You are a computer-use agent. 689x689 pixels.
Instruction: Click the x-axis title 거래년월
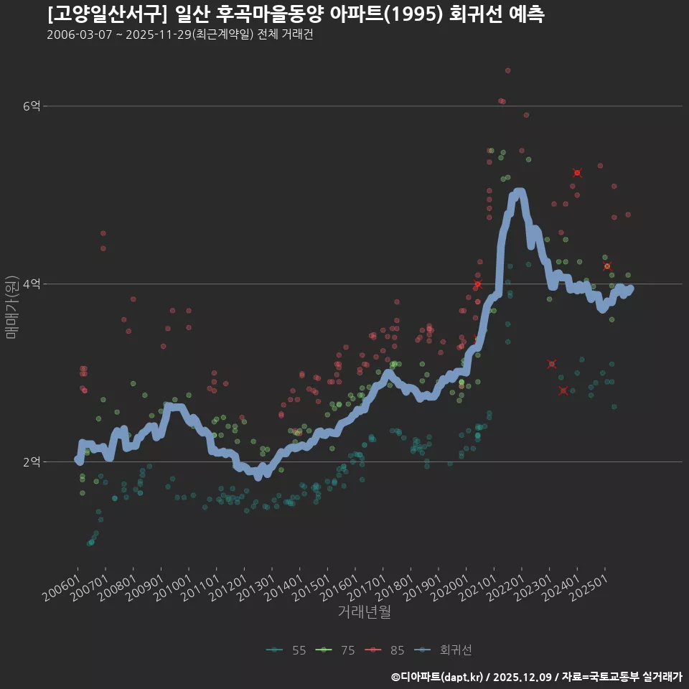(x=364, y=612)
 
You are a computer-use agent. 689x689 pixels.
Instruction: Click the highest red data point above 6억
(x=507, y=70)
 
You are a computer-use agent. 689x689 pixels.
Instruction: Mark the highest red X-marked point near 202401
(x=577, y=173)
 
